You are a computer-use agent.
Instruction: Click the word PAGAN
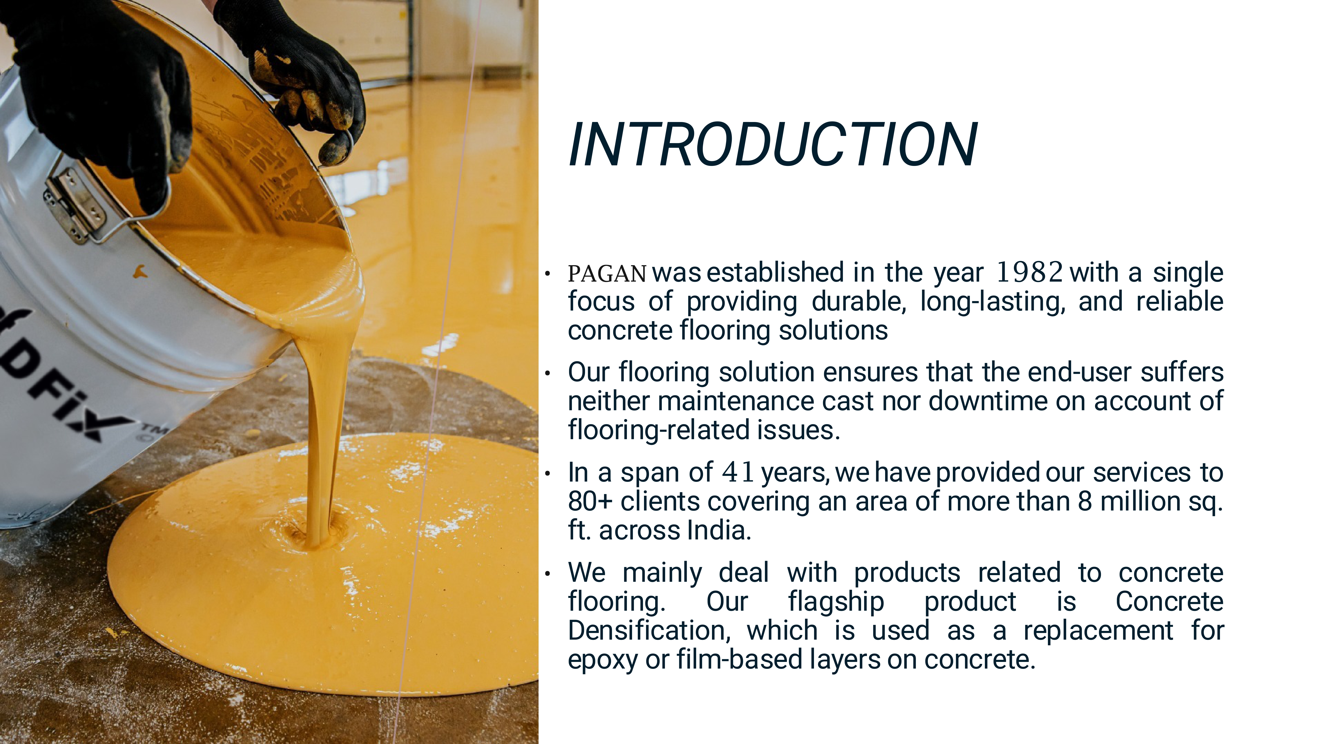pyautogui.click(x=607, y=274)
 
